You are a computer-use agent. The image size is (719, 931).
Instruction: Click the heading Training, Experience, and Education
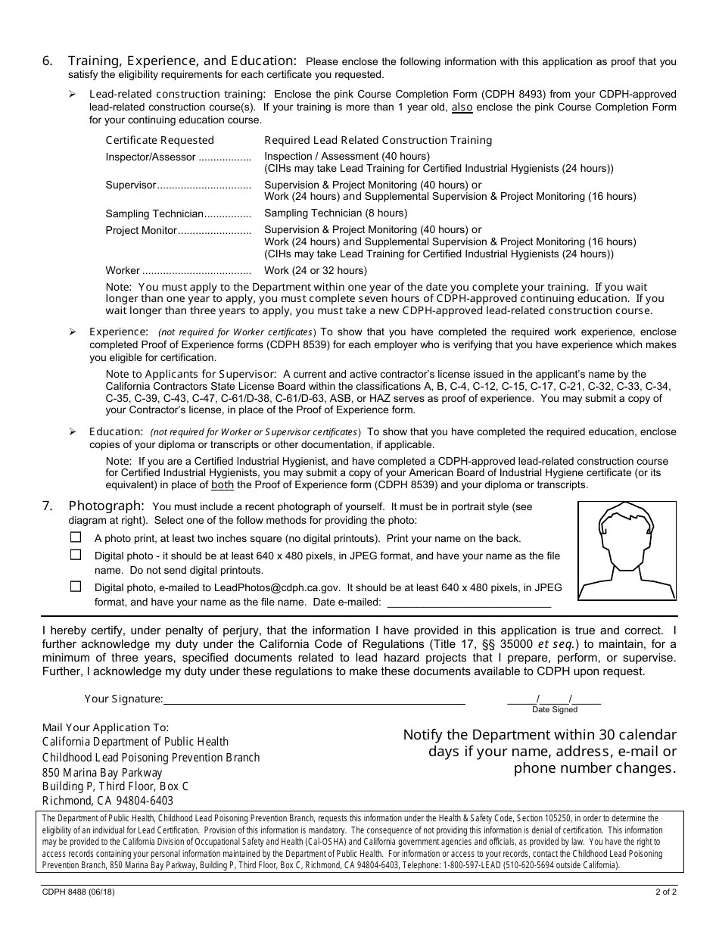182,61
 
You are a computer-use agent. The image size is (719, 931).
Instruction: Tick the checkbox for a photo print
76,537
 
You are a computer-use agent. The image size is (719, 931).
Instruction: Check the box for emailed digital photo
76,586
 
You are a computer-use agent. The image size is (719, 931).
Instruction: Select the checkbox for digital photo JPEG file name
76,554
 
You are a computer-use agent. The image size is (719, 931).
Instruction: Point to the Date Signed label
554,710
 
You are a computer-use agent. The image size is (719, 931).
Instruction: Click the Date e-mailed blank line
468,603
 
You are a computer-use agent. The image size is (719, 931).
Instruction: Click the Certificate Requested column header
160,140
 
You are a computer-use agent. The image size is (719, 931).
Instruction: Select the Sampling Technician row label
154,213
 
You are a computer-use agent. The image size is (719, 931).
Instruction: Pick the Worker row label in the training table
123,270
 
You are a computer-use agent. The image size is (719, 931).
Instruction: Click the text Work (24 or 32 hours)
315,270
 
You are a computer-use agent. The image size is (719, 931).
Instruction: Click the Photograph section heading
106,506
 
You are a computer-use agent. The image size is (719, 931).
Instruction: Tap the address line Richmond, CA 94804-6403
107,801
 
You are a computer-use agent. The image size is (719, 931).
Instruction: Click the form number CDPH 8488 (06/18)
79,892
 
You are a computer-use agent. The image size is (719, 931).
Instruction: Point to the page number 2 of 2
665,892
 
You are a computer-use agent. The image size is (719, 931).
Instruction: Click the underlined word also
462,107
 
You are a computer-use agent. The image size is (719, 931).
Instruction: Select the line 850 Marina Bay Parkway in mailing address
102,773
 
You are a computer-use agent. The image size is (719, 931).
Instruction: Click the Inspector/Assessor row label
151,157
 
